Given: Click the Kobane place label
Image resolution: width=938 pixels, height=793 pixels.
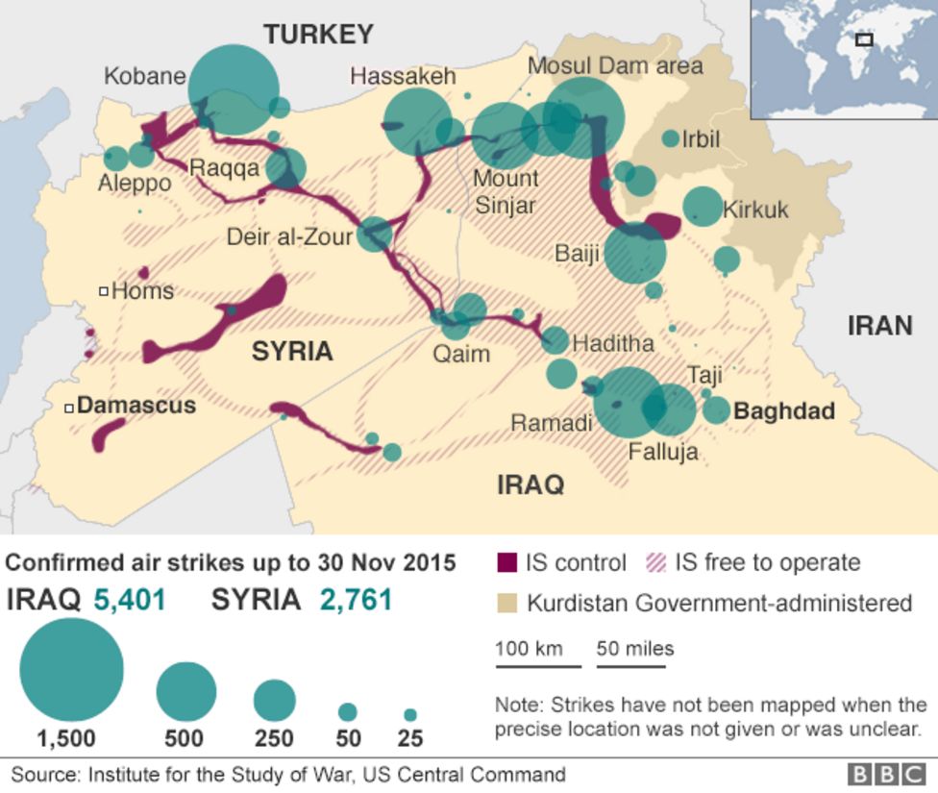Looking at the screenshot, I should (144, 76).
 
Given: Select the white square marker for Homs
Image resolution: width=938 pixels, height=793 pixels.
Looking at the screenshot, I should (103, 291).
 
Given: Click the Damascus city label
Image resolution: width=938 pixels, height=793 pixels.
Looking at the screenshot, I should (136, 406).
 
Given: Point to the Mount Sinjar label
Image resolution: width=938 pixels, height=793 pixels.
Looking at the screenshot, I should (506, 191).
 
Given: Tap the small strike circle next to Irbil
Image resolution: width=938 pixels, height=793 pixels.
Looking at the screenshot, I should (670, 138).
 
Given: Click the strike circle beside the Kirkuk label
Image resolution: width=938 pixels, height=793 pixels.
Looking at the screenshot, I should (703, 206).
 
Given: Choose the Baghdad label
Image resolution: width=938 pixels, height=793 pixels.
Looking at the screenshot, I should (783, 411).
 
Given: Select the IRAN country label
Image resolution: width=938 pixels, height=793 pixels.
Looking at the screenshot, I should (878, 327).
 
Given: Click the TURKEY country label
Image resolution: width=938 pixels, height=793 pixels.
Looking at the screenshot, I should (318, 35).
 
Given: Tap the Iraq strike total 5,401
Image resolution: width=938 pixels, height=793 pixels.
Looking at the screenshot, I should (129, 601).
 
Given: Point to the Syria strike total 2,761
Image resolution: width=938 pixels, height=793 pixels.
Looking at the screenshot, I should (356, 601).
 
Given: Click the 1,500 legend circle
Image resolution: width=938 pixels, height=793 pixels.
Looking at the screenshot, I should (71, 669).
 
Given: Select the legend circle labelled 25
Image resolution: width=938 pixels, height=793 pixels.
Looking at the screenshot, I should (410, 715).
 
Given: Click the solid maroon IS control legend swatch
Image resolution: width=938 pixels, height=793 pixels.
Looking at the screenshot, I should (507, 562).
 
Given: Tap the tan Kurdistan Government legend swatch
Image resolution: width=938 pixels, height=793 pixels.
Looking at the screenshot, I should (507, 604).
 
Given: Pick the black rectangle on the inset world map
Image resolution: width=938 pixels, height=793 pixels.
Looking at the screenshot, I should (864, 40).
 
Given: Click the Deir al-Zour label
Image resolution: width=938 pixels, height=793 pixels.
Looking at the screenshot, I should (289, 235).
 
